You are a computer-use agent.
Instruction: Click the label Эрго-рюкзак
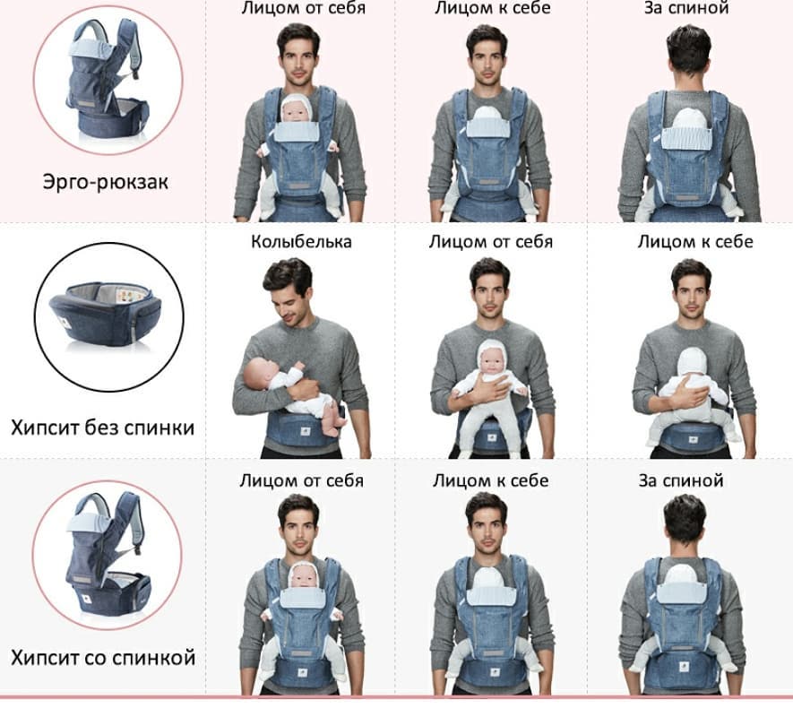tap(105, 182)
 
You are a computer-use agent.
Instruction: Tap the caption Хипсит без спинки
tap(103, 428)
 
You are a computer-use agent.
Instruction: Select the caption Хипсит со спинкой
tap(103, 659)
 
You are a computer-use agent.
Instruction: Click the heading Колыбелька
tap(301, 241)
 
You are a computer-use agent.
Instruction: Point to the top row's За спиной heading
tap(686, 8)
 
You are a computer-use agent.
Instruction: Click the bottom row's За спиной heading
tap(681, 480)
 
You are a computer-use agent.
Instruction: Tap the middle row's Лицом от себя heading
tap(491, 242)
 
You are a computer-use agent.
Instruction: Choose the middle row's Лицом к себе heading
tap(695, 242)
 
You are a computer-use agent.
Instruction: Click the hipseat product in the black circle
tap(105, 314)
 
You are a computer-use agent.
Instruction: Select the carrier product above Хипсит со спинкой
tap(108, 554)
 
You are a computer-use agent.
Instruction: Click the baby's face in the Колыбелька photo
tap(257, 374)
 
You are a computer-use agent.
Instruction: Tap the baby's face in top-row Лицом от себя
tap(296, 111)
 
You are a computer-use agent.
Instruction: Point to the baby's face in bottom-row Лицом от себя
tap(303, 578)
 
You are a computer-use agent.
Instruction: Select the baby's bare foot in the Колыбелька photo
tap(332, 427)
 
